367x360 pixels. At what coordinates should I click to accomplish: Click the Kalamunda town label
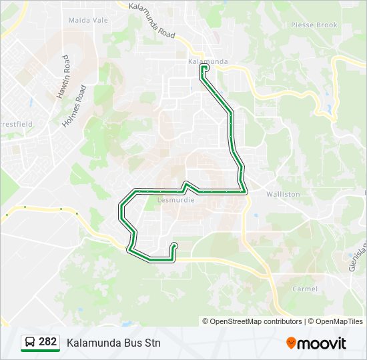click(x=208, y=61)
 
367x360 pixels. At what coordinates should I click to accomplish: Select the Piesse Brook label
click(x=314, y=25)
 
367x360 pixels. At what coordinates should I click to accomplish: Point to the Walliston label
click(x=283, y=194)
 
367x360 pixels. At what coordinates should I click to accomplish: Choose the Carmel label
click(x=305, y=289)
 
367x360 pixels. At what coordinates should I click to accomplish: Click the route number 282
click(x=47, y=342)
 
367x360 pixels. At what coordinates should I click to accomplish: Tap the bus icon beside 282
click(x=30, y=343)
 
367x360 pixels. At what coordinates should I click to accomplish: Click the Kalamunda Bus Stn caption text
click(x=113, y=343)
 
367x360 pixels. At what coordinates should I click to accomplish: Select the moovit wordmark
click(x=322, y=343)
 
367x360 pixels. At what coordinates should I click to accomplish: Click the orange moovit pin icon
click(x=291, y=343)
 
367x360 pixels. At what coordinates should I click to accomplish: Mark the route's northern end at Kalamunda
click(x=204, y=67)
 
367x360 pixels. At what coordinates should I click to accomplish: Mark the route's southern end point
click(x=174, y=245)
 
